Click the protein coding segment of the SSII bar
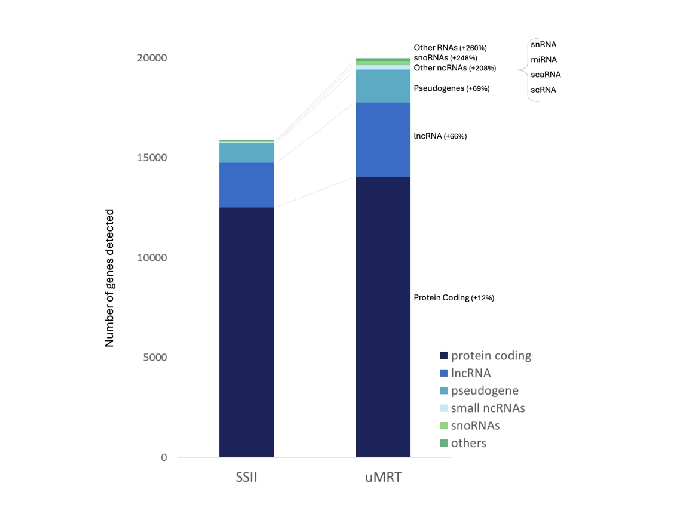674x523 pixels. (x=246, y=332)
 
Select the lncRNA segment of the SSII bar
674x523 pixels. (x=246, y=185)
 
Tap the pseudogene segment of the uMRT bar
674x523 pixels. (x=383, y=86)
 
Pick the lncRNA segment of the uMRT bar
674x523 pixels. (x=383, y=140)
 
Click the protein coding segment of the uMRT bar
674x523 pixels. (x=383, y=316)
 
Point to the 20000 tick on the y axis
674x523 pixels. (x=149, y=59)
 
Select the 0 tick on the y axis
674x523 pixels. (x=163, y=457)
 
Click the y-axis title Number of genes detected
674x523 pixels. (x=109, y=278)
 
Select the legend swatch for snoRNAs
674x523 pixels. (x=443, y=426)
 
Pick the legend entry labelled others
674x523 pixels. (x=468, y=443)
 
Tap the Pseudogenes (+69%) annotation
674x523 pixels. (x=451, y=88)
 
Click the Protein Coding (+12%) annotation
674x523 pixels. (x=454, y=297)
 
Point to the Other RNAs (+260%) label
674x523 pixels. (x=451, y=47)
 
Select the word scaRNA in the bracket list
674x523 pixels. (x=545, y=75)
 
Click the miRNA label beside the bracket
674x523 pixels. (x=543, y=60)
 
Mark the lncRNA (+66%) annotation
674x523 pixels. (x=440, y=136)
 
